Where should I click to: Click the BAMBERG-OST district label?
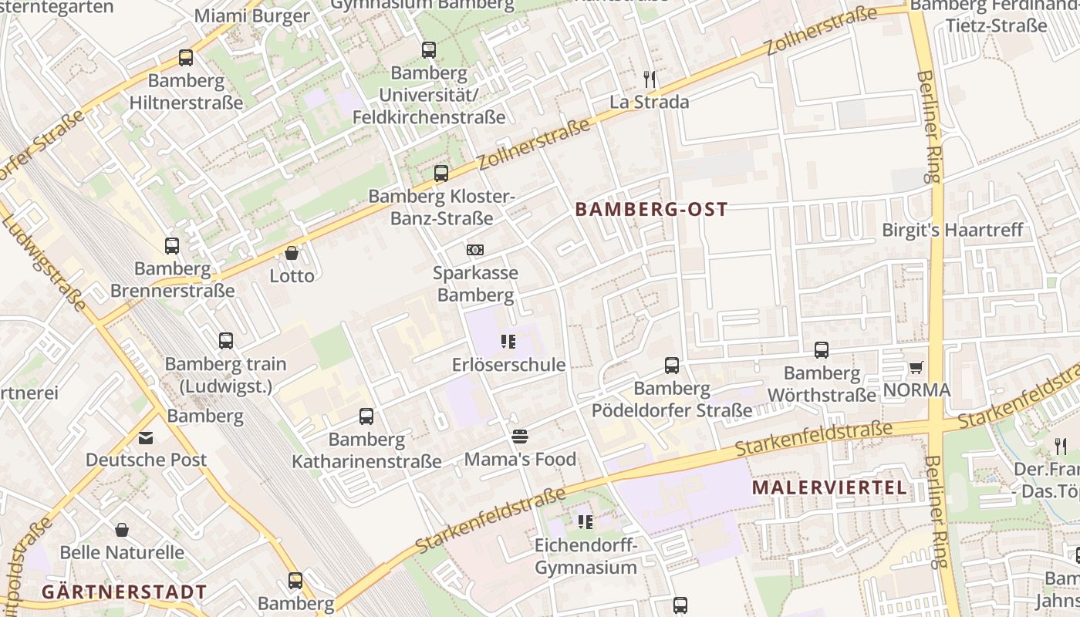click(x=651, y=209)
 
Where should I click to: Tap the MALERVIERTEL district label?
click(x=829, y=487)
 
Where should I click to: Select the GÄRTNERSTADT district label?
click(x=123, y=592)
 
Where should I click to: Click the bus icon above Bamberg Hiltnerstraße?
click(x=186, y=57)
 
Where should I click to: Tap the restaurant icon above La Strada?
click(x=650, y=79)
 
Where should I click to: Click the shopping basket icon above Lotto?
click(x=292, y=253)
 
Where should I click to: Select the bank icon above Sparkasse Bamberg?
click(x=475, y=250)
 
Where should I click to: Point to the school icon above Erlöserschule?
click(x=508, y=341)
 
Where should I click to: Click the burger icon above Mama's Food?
click(x=520, y=437)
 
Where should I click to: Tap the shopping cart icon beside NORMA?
click(x=916, y=367)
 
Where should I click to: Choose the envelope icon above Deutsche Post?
click(x=146, y=437)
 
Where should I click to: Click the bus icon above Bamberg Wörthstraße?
click(x=822, y=350)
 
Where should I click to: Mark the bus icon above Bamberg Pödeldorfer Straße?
click(x=672, y=366)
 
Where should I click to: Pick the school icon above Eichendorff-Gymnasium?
click(x=586, y=522)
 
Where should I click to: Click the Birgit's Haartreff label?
click(x=952, y=230)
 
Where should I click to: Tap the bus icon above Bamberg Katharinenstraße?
click(x=366, y=416)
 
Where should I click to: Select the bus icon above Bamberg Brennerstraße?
click(x=172, y=246)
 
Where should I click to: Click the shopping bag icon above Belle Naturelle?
click(x=122, y=530)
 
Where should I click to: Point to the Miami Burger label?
click(x=251, y=15)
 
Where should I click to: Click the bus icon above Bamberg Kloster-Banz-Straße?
click(x=440, y=174)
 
